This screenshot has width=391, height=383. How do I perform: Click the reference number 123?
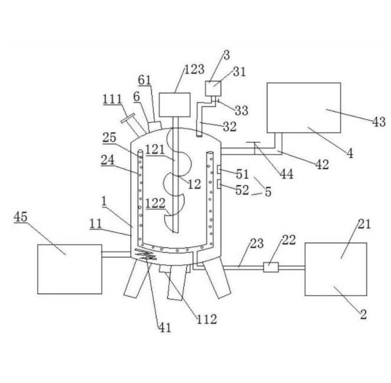click(x=194, y=69)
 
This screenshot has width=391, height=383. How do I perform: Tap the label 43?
click(x=379, y=122)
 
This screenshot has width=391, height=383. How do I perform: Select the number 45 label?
click(x=21, y=216)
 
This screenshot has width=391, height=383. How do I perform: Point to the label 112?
click(x=206, y=319)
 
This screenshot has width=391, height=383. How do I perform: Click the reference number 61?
click(x=145, y=80)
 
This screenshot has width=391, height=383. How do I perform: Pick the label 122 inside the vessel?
click(x=156, y=203)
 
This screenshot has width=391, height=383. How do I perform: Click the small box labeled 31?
click(x=213, y=89)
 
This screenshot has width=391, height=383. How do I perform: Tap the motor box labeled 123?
click(x=175, y=105)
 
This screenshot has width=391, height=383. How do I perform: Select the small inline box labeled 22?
click(x=271, y=267)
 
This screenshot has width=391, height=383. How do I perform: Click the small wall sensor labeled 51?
click(x=219, y=170)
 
